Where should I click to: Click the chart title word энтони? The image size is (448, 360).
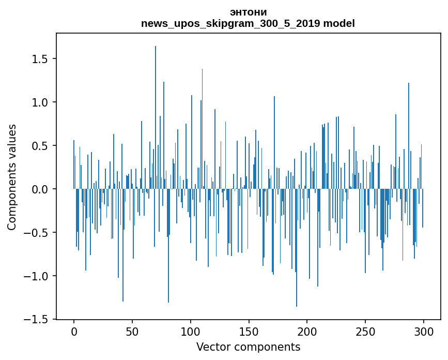(248, 12)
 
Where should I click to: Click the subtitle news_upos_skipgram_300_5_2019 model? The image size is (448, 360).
(248, 24)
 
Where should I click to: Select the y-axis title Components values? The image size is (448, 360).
(12, 177)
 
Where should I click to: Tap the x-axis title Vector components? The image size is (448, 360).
(248, 347)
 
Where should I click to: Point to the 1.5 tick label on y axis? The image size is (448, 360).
(41, 59)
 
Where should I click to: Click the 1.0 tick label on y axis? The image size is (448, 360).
(41, 102)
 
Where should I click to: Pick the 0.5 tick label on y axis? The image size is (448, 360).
(41, 146)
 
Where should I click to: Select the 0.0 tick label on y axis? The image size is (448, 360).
(41, 189)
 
